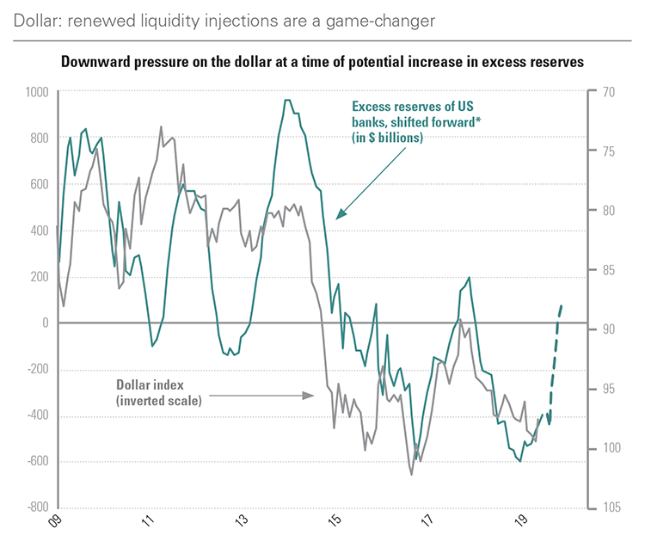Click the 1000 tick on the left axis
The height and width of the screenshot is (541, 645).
[x=36, y=91]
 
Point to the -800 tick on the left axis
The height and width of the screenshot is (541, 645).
[x=36, y=507]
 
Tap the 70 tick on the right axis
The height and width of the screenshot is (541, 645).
[x=605, y=91]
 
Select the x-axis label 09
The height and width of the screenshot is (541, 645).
[x=57, y=521]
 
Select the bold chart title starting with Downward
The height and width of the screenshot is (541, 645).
[x=322, y=62]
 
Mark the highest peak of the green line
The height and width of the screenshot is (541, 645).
[x=286, y=100]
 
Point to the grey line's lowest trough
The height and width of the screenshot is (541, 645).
[x=411, y=474]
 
